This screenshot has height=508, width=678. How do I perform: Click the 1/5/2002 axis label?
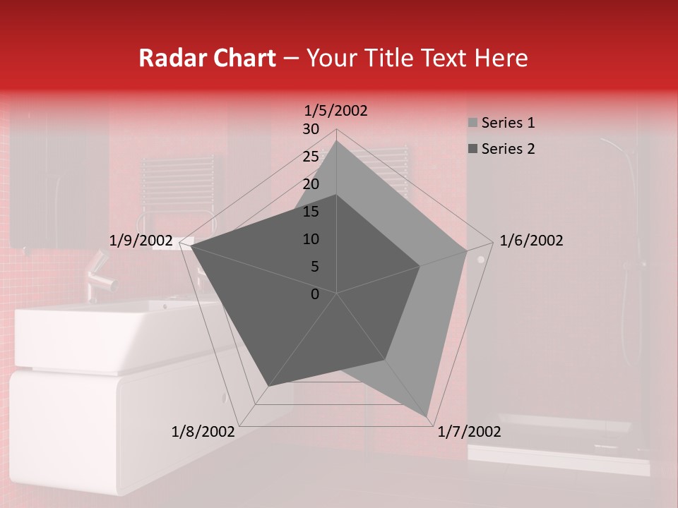(336, 111)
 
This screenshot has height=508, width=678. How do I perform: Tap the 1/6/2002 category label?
(531, 241)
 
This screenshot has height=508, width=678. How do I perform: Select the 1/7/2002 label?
(470, 432)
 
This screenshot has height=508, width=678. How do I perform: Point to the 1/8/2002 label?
(203, 432)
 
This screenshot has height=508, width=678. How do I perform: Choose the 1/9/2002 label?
(141, 241)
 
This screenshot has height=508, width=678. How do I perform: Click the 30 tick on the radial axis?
(311, 129)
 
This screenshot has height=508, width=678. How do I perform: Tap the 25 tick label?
(311, 157)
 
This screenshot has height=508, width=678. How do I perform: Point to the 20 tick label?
(311, 184)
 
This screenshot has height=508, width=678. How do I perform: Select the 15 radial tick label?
(311, 212)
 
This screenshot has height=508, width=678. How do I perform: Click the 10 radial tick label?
(311, 239)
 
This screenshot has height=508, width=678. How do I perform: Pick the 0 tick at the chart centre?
(315, 294)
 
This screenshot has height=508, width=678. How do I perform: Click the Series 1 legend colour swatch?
(472, 123)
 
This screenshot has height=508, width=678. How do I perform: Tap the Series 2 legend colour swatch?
(472, 149)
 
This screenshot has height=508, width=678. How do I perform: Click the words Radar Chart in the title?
(207, 59)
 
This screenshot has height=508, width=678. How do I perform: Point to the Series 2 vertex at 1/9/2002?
(191, 246)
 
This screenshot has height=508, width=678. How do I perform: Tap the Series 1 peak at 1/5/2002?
(336, 141)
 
